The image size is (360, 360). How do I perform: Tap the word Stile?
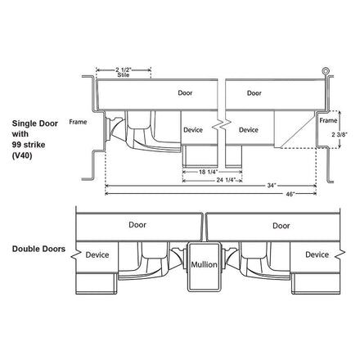click(x=124, y=74)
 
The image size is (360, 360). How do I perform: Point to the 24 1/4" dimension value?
click(x=226, y=180)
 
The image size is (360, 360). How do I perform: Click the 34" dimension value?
click(x=272, y=186)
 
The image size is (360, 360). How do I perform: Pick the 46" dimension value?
click(x=290, y=194)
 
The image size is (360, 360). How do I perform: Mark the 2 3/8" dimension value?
click(x=340, y=134)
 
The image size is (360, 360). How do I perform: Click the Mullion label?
click(x=204, y=264)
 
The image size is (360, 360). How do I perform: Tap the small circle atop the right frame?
click(x=326, y=71)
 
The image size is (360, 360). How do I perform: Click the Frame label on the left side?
click(x=78, y=122)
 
